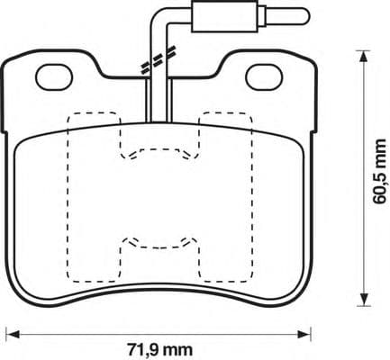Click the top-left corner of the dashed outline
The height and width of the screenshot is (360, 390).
coord(70,112)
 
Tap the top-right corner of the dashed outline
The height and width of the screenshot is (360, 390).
coord(249,112)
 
